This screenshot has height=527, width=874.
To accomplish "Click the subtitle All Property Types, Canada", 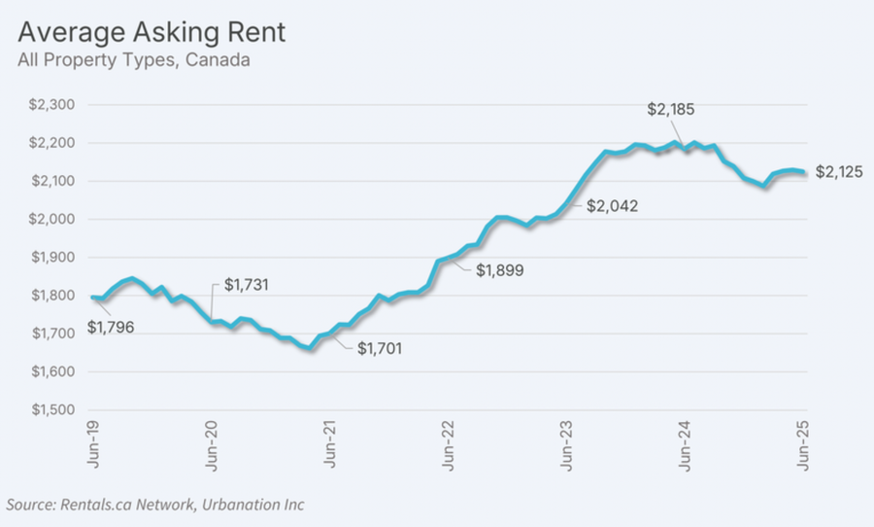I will [134, 60].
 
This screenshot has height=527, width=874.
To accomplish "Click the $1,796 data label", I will [112, 328].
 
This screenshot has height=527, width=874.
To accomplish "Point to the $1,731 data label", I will [247, 285].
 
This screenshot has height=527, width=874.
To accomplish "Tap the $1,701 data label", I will [380, 347].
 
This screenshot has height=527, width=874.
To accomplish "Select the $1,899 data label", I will [500, 271].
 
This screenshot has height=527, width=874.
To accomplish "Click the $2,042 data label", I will [613, 205].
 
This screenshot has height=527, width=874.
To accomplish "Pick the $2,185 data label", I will [671, 109].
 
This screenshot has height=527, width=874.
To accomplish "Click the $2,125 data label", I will [839, 172].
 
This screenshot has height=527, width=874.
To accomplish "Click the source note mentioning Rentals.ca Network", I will [155, 505].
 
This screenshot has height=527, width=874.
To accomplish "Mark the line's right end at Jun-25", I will [804, 173].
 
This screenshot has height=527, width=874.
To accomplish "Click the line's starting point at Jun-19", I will [92, 298].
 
